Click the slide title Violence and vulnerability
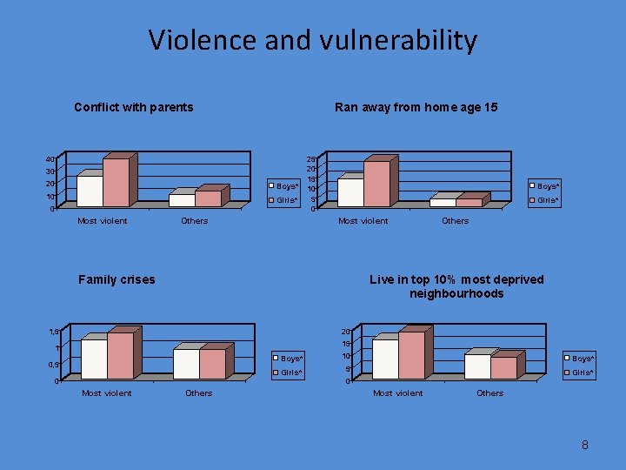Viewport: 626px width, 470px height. point(312,40)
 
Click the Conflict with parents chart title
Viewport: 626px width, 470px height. point(134,107)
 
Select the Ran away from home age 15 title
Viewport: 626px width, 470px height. point(416,107)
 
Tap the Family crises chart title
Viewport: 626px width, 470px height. point(117,279)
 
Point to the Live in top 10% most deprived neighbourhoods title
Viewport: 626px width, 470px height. point(456,286)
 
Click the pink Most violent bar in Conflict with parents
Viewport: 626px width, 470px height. point(116,182)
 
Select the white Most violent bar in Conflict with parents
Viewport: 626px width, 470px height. point(90,191)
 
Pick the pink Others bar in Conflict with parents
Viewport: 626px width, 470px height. point(208,198)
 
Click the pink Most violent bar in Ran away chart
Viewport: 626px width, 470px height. point(376,184)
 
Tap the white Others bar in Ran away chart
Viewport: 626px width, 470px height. point(443,203)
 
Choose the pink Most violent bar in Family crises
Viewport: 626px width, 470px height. point(120,355)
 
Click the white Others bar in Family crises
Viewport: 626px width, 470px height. point(186,364)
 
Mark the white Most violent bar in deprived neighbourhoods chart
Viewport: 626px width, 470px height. point(385,359)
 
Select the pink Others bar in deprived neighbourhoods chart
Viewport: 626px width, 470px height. point(503,368)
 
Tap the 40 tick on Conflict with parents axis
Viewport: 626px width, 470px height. point(50,159)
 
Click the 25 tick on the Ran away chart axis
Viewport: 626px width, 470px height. point(310,159)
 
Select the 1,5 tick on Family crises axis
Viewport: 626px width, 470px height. point(54,332)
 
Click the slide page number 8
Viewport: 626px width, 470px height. point(585,445)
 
